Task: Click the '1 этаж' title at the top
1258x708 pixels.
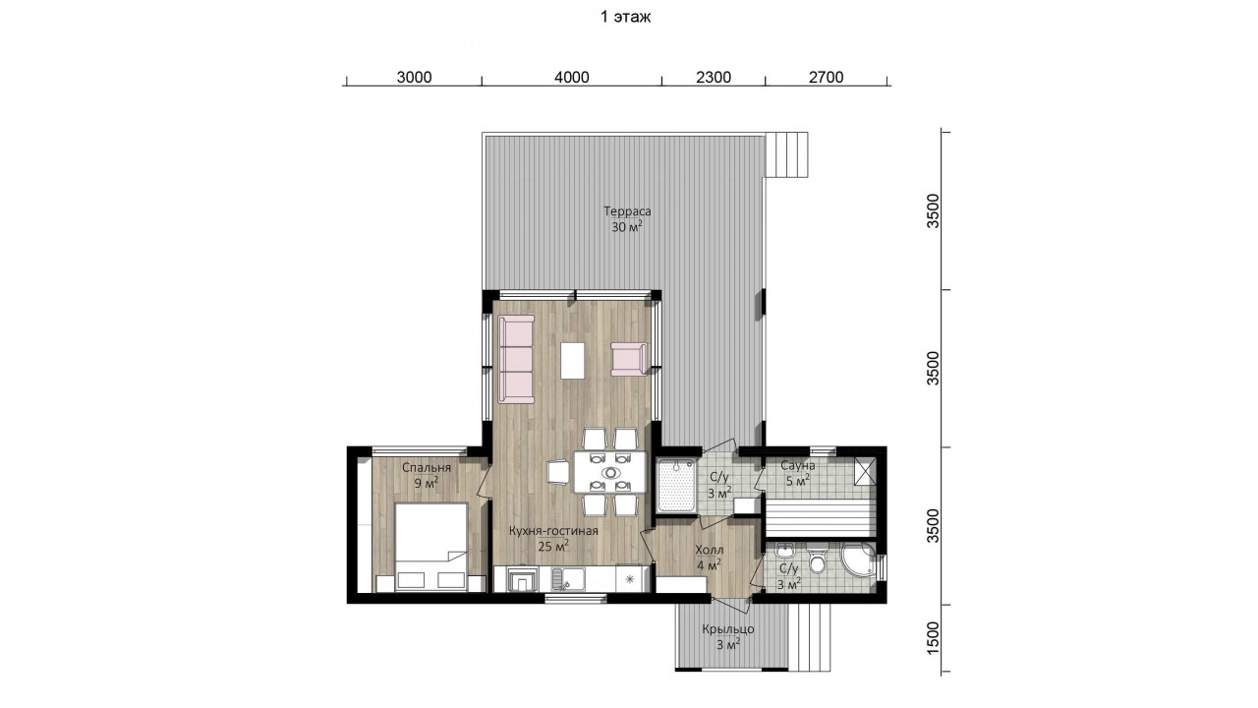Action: coord(625,17)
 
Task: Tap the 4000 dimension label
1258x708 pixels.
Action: coord(572,77)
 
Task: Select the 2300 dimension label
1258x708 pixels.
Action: coord(714,77)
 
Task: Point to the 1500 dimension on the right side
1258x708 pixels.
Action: coord(933,638)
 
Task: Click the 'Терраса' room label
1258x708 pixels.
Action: coord(627,211)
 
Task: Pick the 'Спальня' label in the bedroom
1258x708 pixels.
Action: coord(427,467)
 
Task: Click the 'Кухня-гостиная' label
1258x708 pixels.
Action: coord(553,531)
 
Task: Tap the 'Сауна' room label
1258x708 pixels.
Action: coord(797,466)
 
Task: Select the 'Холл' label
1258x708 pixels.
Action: coord(710,550)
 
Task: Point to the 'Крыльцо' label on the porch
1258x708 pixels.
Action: coord(728,629)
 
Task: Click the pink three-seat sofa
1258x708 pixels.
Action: coord(516,359)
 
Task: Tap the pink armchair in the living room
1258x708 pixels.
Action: coord(629,359)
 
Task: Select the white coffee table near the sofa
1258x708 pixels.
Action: coord(572,361)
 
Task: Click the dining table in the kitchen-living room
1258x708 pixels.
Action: coord(610,472)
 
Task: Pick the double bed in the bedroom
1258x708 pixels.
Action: coord(431,547)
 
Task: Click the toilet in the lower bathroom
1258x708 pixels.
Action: coord(817,560)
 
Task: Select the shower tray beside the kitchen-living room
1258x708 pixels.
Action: coord(676,486)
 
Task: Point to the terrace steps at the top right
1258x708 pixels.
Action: coord(786,154)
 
